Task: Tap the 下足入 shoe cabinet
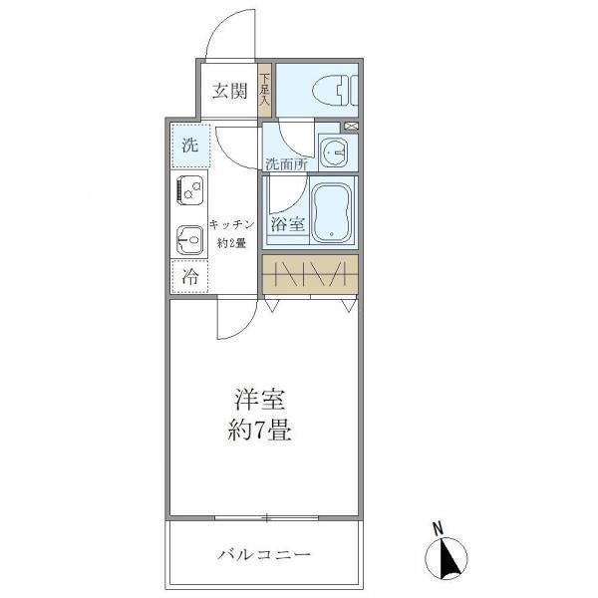[x=265, y=89]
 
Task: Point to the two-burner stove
[x=189, y=190]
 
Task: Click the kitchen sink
[x=189, y=238]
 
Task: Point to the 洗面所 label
[x=285, y=163]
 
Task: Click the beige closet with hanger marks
[x=309, y=274]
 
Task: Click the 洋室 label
[x=261, y=401]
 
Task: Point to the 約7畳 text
[x=262, y=434]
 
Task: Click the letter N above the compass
[x=438, y=528]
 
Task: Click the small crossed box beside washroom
[x=350, y=126]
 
